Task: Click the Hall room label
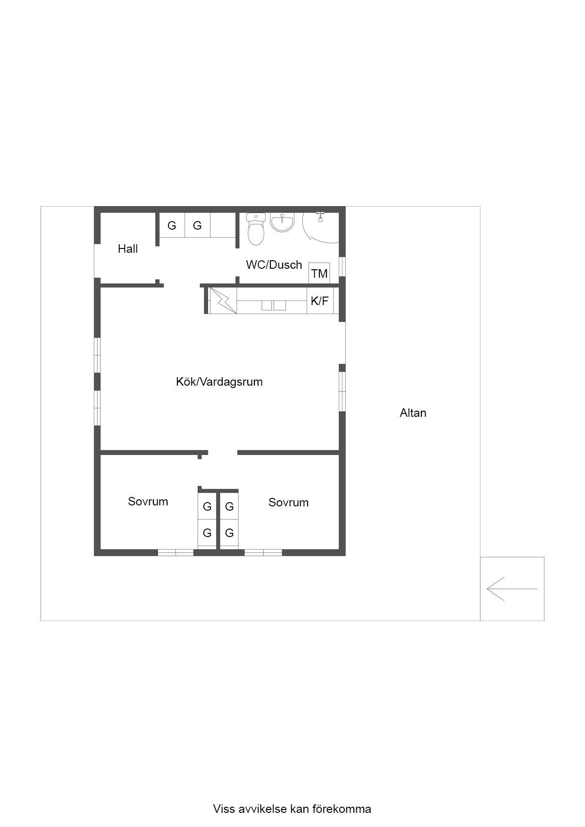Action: (127, 248)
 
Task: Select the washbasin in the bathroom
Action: (282, 223)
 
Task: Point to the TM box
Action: (319, 273)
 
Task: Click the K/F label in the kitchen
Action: (319, 301)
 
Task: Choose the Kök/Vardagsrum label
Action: (219, 382)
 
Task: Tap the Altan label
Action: (413, 413)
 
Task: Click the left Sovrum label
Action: (148, 501)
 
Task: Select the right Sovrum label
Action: (288, 502)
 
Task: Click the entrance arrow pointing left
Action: (512, 589)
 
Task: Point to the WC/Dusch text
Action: (274, 265)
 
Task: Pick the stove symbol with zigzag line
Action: (223, 300)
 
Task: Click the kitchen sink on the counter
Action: (274, 306)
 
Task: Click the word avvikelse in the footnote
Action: (262, 809)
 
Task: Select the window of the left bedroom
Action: (175, 553)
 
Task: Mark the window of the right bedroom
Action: (263, 553)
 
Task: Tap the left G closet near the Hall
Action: (172, 225)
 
